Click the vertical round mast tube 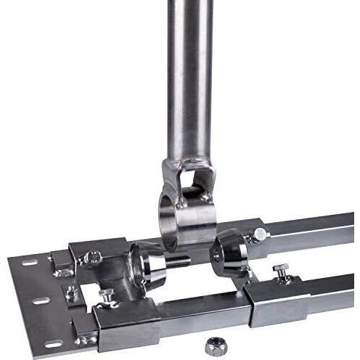pos(191,73)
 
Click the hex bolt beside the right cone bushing pos(260,234)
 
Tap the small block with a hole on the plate pos(70,293)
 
